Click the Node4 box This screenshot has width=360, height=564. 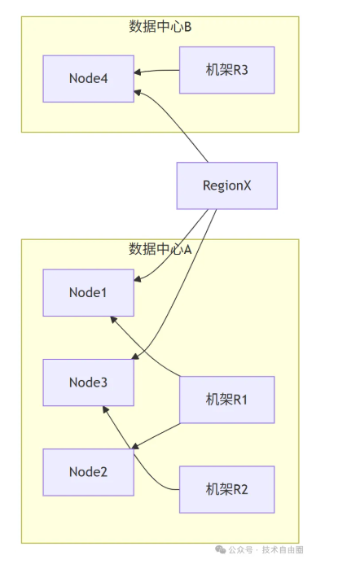pos(88,79)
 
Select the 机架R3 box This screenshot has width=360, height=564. pos(227,70)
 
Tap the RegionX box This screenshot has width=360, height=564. pos(227,186)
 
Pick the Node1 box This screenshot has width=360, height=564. pos(88,292)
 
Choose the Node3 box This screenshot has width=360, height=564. pos(88,383)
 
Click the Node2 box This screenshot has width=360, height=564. pos(88,472)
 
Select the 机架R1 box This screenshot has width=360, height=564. pos(227,400)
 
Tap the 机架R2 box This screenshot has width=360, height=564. pos(227,490)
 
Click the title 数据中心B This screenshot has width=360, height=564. pos(160,27)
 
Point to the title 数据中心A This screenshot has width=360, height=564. pos(160,249)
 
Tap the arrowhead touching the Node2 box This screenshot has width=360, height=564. pos(137,446)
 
